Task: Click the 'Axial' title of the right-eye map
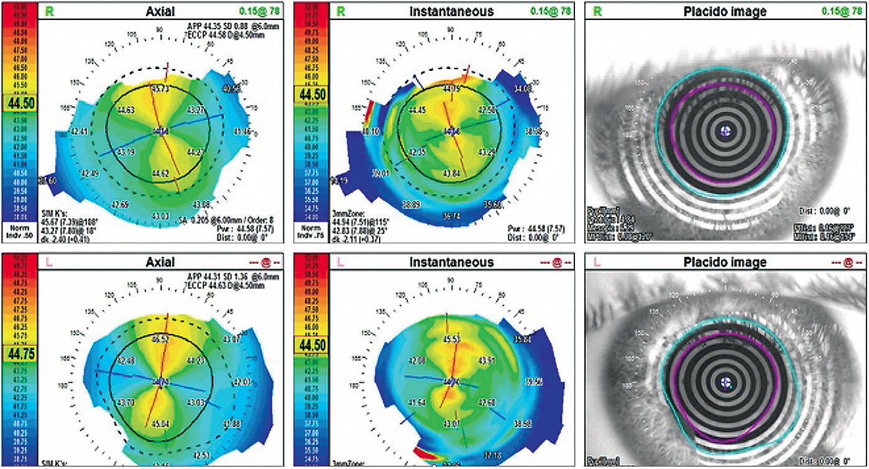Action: coord(160,11)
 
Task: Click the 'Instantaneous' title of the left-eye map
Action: coord(451,262)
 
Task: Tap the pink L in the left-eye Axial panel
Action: coord(47,262)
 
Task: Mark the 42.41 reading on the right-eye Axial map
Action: coord(79,132)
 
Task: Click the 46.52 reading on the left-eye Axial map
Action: coord(160,340)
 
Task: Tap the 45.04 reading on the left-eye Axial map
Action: coord(160,424)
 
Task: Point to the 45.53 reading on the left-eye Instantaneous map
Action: coord(451,340)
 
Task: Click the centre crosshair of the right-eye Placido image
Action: coord(725,131)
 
